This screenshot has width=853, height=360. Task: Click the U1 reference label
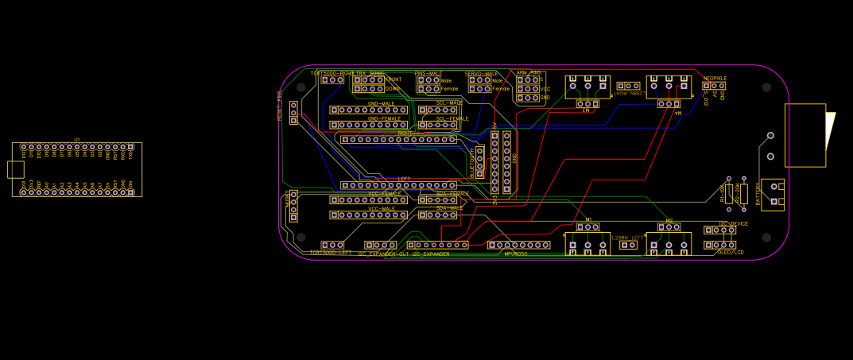(x=77, y=140)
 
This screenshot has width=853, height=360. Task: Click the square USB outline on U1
(x=15, y=169)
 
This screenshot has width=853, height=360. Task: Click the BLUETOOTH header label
(x=471, y=162)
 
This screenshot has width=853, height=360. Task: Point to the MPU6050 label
(x=516, y=254)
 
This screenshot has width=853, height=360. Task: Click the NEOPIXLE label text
(x=715, y=79)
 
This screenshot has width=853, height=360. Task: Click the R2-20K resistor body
(x=743, y=193)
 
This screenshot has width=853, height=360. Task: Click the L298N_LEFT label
(x=628, y=238)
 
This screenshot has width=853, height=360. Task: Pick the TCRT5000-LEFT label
(x=330, y=253)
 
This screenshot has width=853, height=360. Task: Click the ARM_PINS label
(x=529, y=72)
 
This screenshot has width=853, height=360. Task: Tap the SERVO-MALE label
(x=482, y=73)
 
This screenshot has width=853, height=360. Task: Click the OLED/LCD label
(x=730, y=253)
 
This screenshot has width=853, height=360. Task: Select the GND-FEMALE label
(x=384, y=118)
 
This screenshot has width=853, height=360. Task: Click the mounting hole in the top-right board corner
(x=766, y=87)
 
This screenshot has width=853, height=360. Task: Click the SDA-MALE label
(x=449, y=208)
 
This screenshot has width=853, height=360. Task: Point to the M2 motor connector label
(x=669, y=220)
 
